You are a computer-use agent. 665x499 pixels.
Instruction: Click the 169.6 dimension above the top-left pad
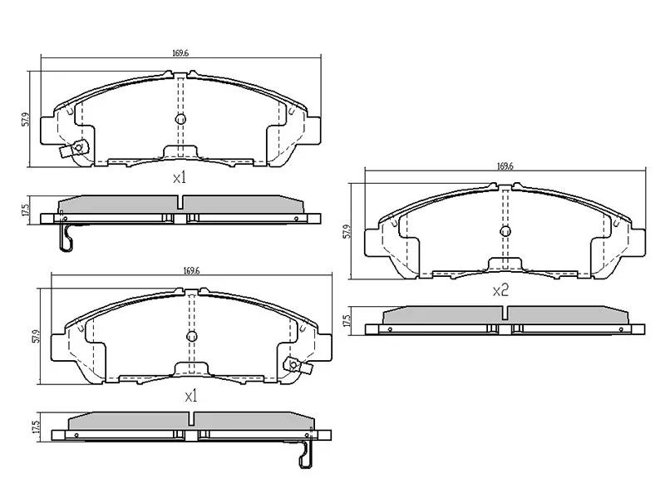[180, 53]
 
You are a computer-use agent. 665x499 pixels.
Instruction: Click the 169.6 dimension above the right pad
[505, 166]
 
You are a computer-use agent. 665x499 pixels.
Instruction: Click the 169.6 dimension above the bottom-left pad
[192, 271]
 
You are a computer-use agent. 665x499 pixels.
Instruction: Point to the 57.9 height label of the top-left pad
[27, 119]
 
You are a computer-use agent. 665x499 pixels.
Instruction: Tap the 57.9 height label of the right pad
[347, 231]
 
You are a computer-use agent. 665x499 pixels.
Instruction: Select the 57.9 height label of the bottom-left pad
[37, 337]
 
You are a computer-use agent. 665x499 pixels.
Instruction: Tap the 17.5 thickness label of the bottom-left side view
[36, 427]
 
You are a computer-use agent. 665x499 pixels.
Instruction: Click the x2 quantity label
[500, 290]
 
